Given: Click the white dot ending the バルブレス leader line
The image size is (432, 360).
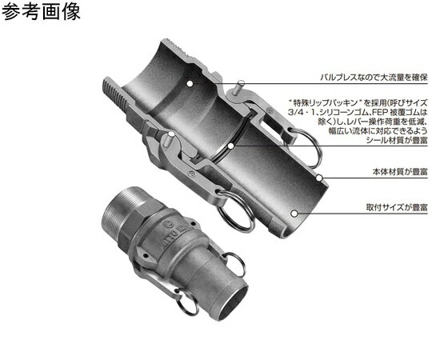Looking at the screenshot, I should point(189,81).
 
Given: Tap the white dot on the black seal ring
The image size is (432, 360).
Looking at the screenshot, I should point(229,147).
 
